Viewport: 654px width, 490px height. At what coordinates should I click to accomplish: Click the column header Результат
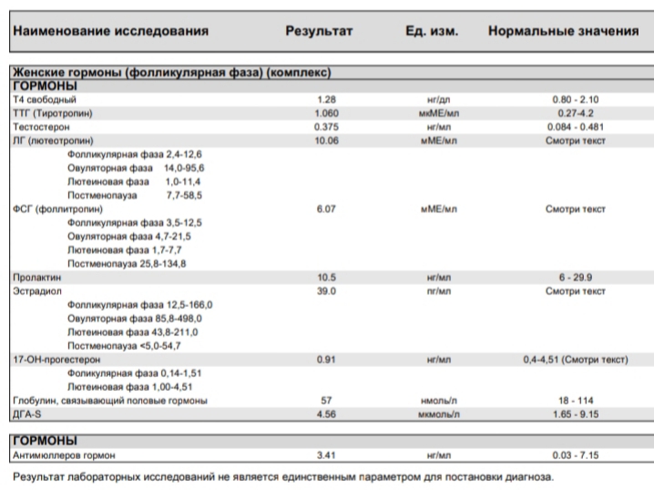[319, 31]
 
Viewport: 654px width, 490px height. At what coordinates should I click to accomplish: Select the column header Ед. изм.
[431, 31]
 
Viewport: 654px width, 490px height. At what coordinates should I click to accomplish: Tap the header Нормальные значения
[563, 31]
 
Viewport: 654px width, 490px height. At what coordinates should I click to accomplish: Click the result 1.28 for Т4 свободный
[326, 98]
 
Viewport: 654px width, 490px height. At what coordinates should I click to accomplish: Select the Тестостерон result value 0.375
[326, 127]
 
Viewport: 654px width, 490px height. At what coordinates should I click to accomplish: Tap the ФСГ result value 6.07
[326, 209]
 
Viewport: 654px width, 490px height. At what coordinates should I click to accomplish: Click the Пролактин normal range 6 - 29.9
[575, 277]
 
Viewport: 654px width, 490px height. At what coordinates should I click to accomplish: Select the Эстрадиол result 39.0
[326, 291]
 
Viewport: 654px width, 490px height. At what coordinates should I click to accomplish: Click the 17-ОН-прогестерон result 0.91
[326, 359]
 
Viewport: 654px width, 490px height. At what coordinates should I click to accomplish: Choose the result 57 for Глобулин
[326, 400]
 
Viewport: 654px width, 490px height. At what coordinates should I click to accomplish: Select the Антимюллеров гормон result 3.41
[326, 454]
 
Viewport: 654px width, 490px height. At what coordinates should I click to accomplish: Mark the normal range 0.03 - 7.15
[575, 454]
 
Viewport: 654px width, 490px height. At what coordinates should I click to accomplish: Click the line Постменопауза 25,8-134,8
[127, 262]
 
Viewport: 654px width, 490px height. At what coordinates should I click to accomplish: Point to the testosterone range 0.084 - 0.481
[575, 127]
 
